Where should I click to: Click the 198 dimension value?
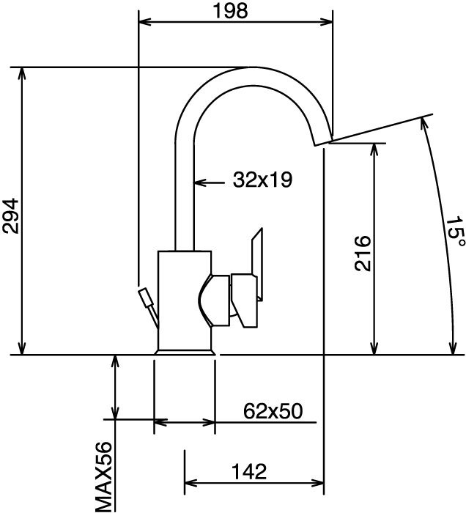click(x=230, y=11)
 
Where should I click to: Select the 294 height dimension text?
click(x=10, y=215)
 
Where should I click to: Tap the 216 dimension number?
click(x=363, y=253)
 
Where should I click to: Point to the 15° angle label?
click(x=455, y=232)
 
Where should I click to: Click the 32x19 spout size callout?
click(x=262, y=180)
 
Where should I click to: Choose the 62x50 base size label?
click(x=273, y=411)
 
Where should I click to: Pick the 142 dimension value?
click(x=249, y=471)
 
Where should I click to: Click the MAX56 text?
click(x=103, y=477)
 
